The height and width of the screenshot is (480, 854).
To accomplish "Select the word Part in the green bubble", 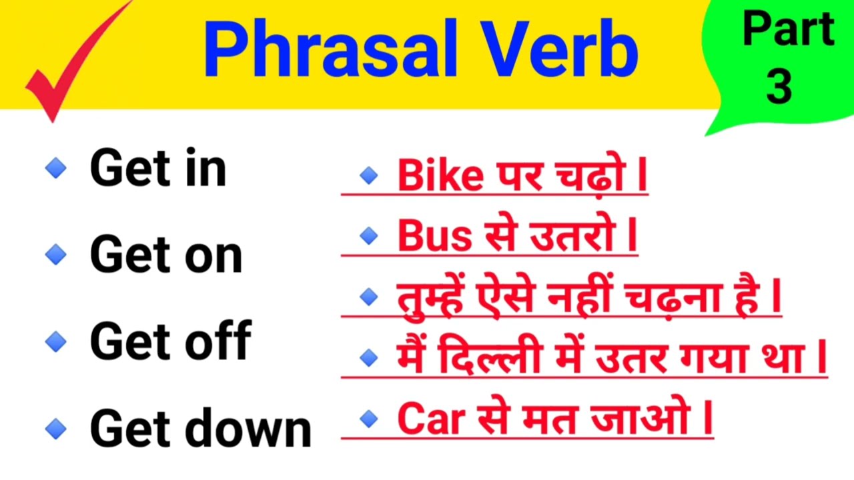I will (787, 30).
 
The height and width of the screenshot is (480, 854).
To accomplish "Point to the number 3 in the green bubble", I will (779, 87).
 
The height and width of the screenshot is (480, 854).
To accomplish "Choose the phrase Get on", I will (166, 255).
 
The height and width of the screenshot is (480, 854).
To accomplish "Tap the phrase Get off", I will (170, 341).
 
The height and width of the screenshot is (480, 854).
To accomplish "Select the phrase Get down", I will (201, 428).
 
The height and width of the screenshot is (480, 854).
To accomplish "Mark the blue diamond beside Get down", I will (56, 428).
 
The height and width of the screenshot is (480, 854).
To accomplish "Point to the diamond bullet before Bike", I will (368, 176).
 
